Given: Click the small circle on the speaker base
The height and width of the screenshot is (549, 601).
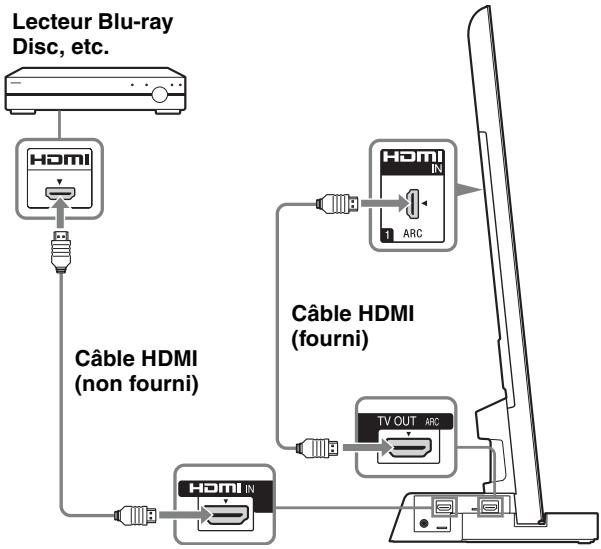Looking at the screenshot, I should pos(427,522).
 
